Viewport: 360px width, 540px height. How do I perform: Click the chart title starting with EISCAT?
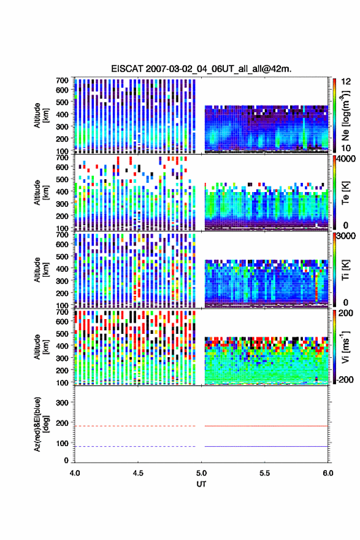201,69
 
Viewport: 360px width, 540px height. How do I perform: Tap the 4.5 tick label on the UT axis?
138,473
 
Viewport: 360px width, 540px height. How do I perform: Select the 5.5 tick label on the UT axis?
265,473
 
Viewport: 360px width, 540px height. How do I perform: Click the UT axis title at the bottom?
201,484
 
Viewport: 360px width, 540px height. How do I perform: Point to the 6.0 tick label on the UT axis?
328,473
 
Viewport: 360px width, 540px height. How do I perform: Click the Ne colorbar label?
345,115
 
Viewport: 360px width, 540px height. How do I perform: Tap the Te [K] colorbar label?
345,193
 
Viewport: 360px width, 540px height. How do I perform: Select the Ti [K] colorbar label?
345,271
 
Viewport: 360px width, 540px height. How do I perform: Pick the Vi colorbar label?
345,347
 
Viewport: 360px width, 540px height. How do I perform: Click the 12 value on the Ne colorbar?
347,81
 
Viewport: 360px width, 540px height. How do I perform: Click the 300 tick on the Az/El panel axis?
62,403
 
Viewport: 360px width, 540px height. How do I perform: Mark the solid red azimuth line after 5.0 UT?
266,426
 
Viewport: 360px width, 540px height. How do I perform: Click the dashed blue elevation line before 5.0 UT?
135,446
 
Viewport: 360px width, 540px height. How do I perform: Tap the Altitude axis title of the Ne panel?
41,115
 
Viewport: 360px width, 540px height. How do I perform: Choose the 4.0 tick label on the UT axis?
75,473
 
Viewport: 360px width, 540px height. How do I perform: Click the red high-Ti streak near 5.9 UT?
316,287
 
